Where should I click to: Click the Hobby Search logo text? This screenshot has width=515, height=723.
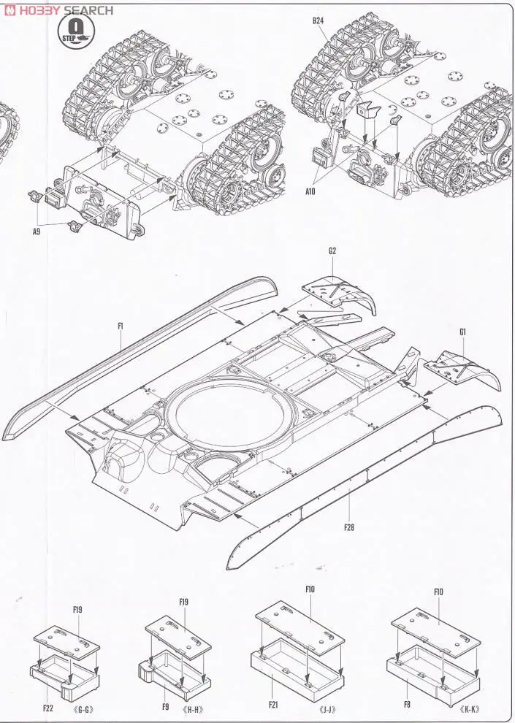click(x=58, y=9)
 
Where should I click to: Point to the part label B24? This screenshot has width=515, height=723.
click(x=318, y=21)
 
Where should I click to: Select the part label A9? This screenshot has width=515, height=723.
click(x=36, y=232)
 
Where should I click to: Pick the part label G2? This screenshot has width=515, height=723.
click(x=332, y=250)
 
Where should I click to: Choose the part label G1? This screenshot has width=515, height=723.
click(x=463, y=332)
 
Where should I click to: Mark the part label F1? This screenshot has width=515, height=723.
click(x=120, y=327)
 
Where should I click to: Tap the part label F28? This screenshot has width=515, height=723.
click(x=348, y=527)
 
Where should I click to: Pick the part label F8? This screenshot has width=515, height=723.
click(x=406, y=704)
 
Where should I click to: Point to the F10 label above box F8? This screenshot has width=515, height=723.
click(x=438, y=592)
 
